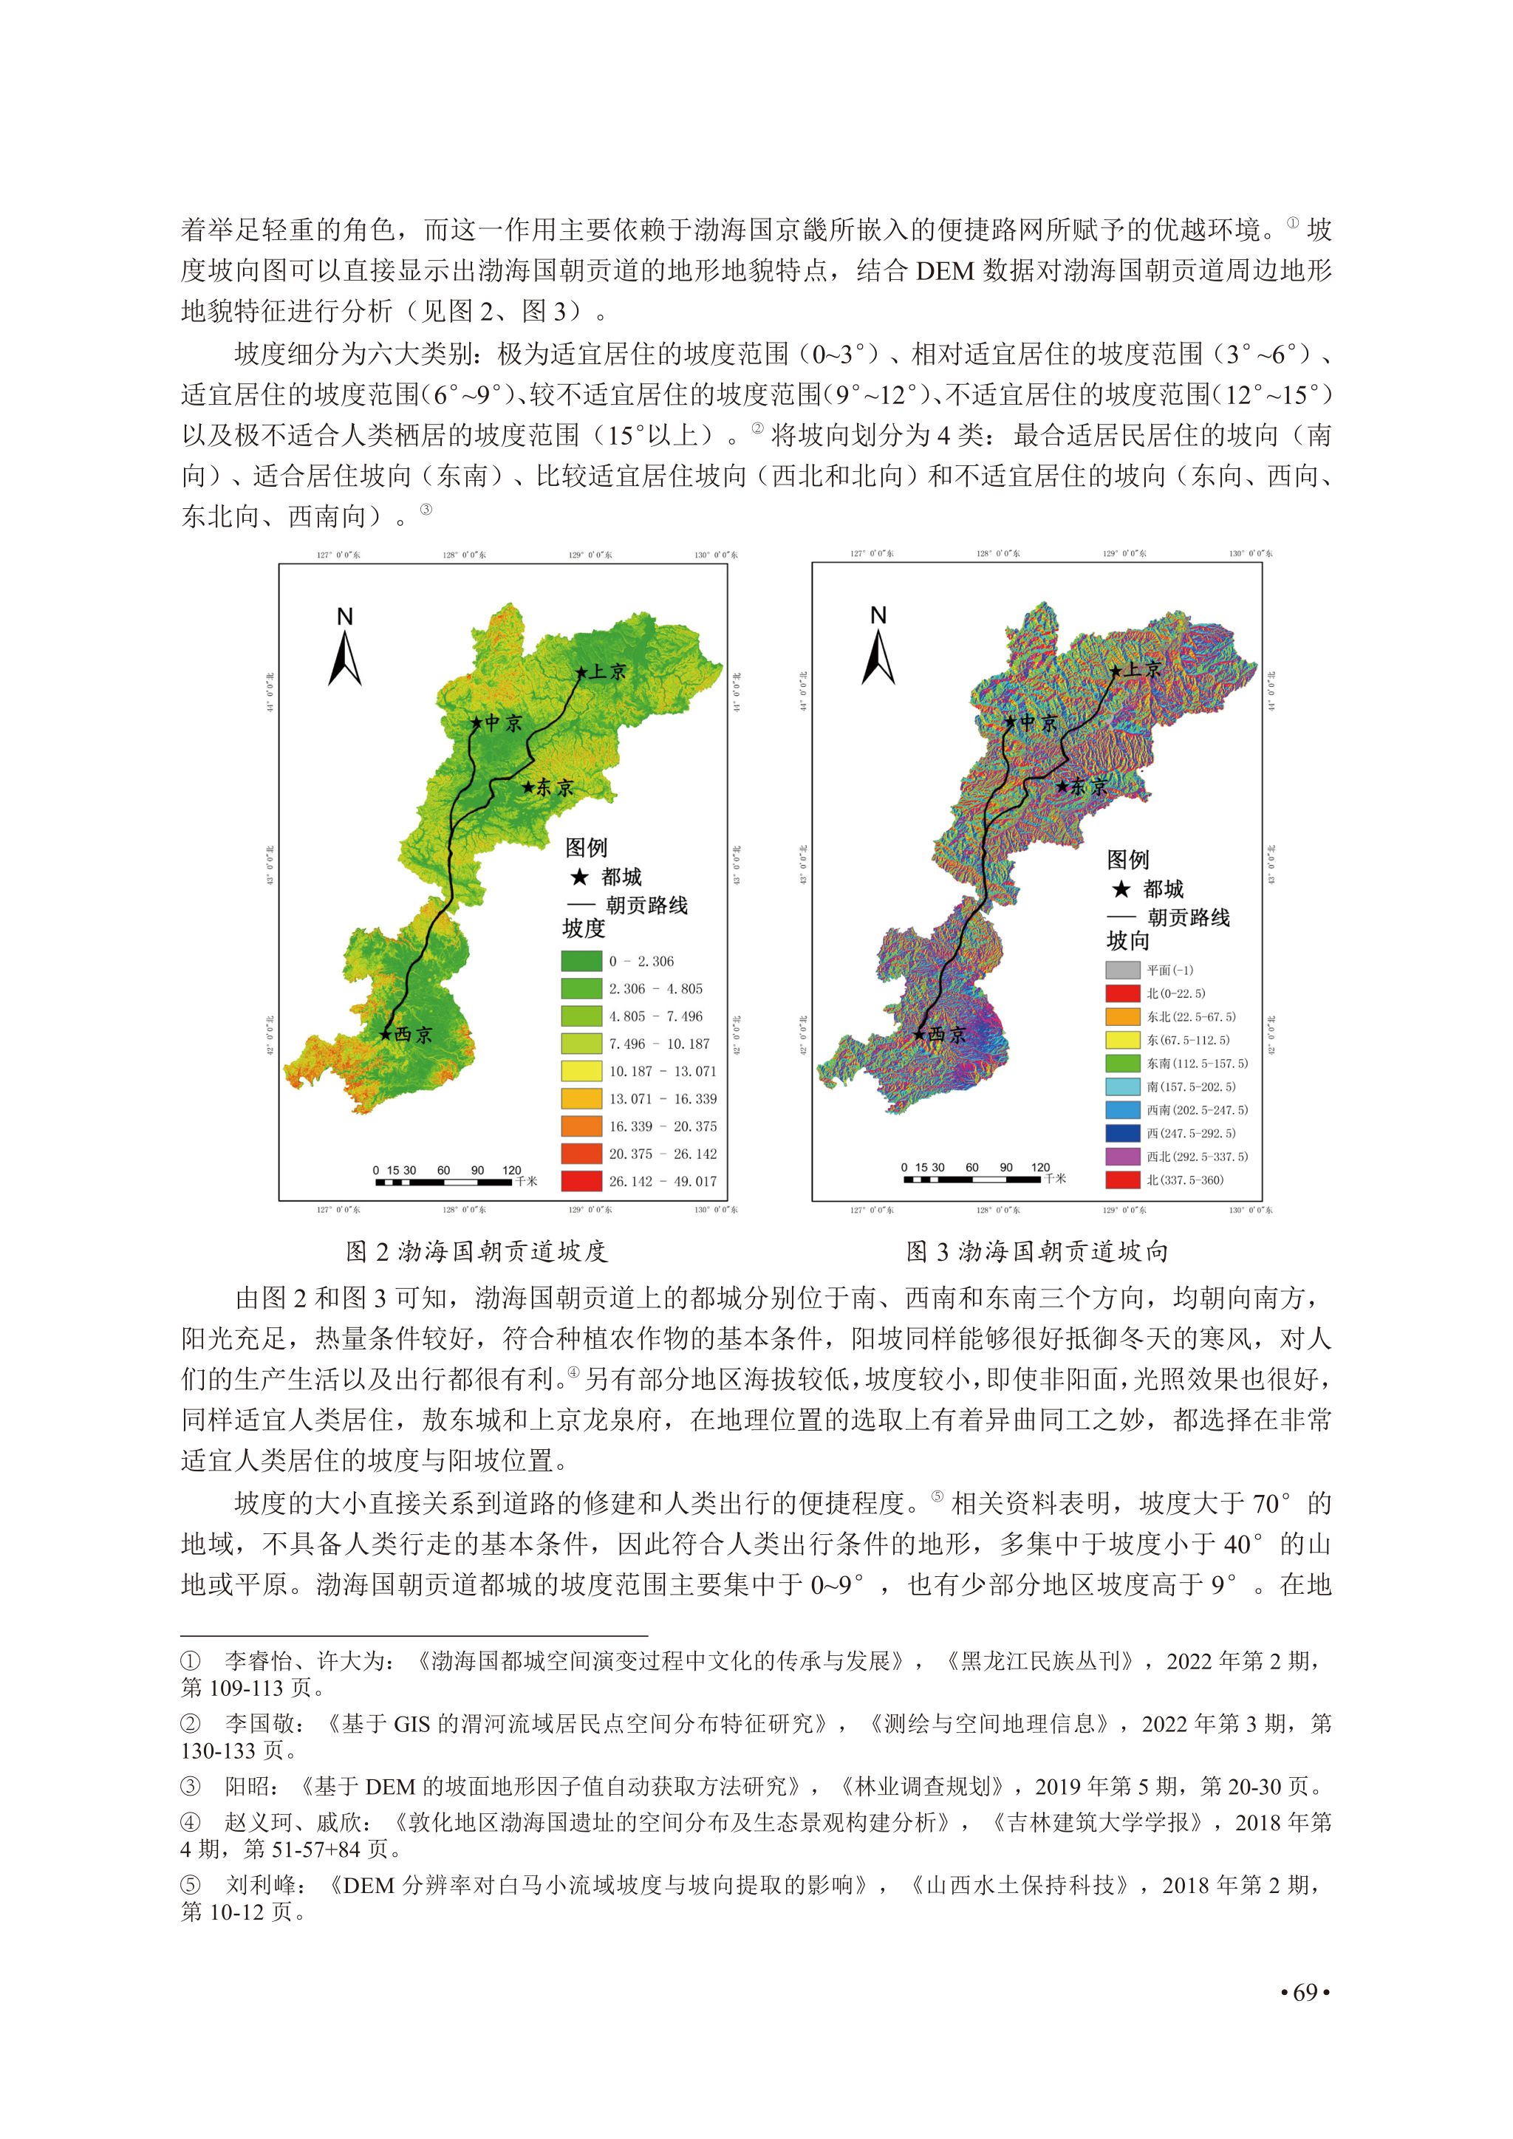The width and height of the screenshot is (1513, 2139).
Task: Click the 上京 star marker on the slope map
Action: [x=581, y=671]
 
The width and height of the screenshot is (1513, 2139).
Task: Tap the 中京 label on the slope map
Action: [x=504, y=723]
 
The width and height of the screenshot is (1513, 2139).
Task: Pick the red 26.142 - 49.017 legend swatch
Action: [x=581, y=1181]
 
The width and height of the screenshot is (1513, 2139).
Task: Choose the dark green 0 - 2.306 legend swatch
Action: [x=581, y=962]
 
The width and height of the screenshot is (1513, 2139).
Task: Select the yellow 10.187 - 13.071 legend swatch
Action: [x=581, y=1072]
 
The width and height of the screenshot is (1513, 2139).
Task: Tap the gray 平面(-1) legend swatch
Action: [x=1123, y=970]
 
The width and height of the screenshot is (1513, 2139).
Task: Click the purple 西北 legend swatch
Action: [x=1123, y=1156]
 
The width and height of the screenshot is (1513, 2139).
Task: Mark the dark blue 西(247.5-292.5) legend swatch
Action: [x=1123, y=1133]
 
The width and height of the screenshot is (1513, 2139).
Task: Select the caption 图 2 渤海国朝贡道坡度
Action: [x=477, y=1251]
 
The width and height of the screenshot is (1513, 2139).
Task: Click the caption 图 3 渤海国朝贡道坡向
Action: [x=1038, y=1251]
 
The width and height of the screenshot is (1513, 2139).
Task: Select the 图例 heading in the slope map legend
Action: [x=586, y=848]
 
